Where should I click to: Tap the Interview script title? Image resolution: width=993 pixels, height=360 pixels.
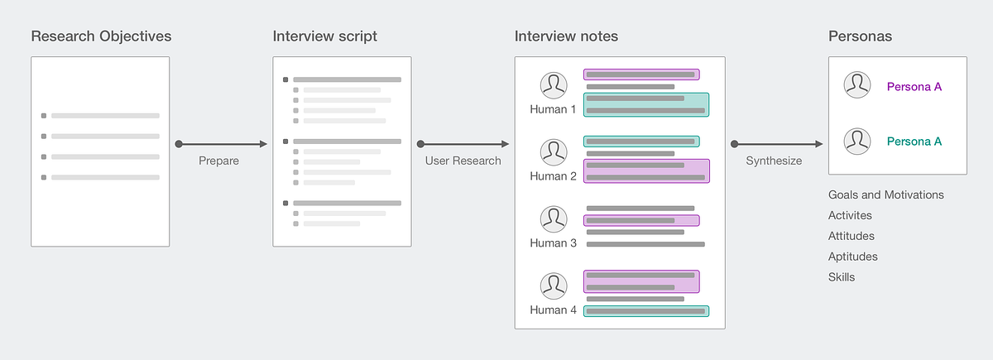[324, 36]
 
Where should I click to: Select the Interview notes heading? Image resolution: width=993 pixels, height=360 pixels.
[566, 36]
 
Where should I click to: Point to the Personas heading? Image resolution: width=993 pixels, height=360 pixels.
[860, 36]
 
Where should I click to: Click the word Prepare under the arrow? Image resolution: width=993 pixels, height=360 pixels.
[218, 161]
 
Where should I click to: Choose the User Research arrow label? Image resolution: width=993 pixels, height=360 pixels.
[463, 161]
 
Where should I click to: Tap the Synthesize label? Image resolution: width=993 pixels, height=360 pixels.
[774, 161]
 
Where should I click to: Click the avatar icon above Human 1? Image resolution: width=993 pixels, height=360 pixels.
[553, 85]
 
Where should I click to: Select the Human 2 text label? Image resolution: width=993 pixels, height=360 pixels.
[553, 176]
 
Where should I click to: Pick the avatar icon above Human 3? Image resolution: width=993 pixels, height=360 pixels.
[553, 219]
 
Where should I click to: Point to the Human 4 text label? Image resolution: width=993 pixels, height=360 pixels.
[553, 310]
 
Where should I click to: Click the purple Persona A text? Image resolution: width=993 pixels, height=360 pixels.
[914, 86]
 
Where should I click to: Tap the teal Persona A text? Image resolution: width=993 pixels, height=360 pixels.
[914, 142]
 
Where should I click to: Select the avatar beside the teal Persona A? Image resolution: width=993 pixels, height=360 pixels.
[856, 141]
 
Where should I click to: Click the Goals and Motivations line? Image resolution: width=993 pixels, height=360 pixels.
[885, 195]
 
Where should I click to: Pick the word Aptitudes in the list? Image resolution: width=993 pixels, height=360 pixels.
[852, 257]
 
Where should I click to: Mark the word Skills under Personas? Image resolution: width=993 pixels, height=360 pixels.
[842, 277]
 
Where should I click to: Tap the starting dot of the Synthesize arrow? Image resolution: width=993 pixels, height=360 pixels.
[734, 144]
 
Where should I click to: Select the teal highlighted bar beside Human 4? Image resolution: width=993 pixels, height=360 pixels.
[646, 311]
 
